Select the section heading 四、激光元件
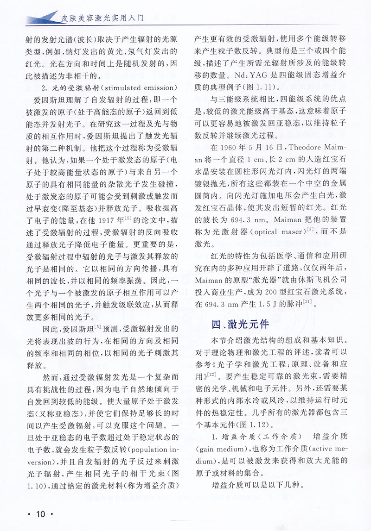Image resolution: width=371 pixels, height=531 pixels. coord(241,324)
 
